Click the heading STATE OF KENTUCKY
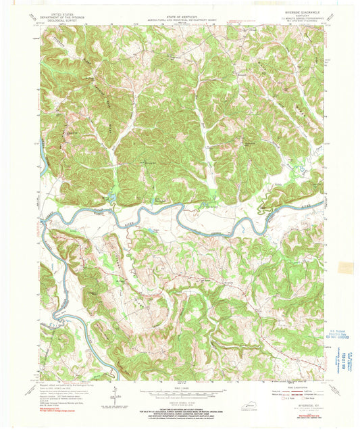(x=180, y=8)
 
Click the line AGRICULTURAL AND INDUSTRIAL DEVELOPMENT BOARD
(x=180, y=12)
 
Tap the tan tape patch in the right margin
(x=346, y=268)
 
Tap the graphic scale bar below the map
(x=180, y=391)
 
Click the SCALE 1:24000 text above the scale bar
(x=180, y=386)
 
